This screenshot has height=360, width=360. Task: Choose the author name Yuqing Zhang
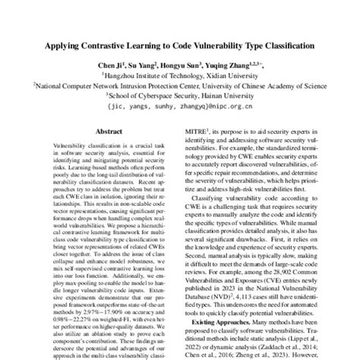235,67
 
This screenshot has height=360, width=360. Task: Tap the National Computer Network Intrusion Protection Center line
180,86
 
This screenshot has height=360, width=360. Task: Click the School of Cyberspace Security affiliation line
180,96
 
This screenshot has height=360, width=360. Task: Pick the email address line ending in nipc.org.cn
180,106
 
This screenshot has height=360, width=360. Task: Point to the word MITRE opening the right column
210,131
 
